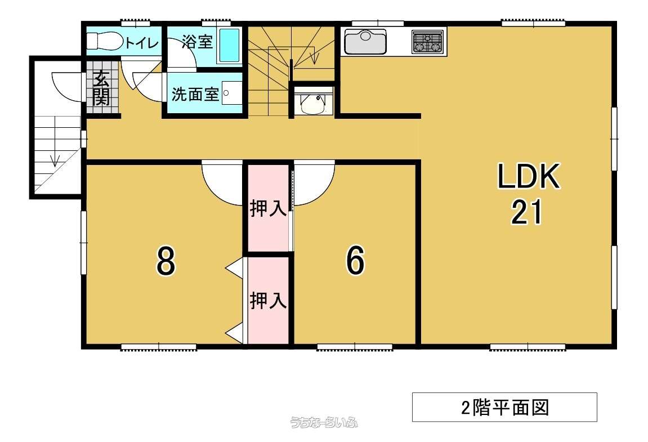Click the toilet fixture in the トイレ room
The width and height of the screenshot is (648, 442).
click(105, 41)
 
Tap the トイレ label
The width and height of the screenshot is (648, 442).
click(142, 43)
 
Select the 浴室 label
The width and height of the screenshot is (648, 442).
click(197, 41)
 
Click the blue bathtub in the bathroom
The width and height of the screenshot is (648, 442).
click(229, 46)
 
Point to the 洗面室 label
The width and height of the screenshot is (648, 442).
click(195, 94)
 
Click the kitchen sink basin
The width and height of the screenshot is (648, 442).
click(365, 41)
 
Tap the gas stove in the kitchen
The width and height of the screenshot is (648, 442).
click(427, 41)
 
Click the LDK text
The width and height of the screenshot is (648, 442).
click(528, 177)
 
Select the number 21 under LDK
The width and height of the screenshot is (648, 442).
click(526, 212)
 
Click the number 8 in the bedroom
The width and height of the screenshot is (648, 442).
click(166, 261)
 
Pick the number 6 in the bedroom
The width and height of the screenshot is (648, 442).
click(355, 260)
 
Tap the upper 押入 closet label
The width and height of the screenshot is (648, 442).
click(268, 208)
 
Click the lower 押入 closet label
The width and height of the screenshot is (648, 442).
click(268, 301)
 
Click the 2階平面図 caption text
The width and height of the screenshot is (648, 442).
click(505, 408)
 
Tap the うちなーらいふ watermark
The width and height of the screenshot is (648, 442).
click(324, 422)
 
